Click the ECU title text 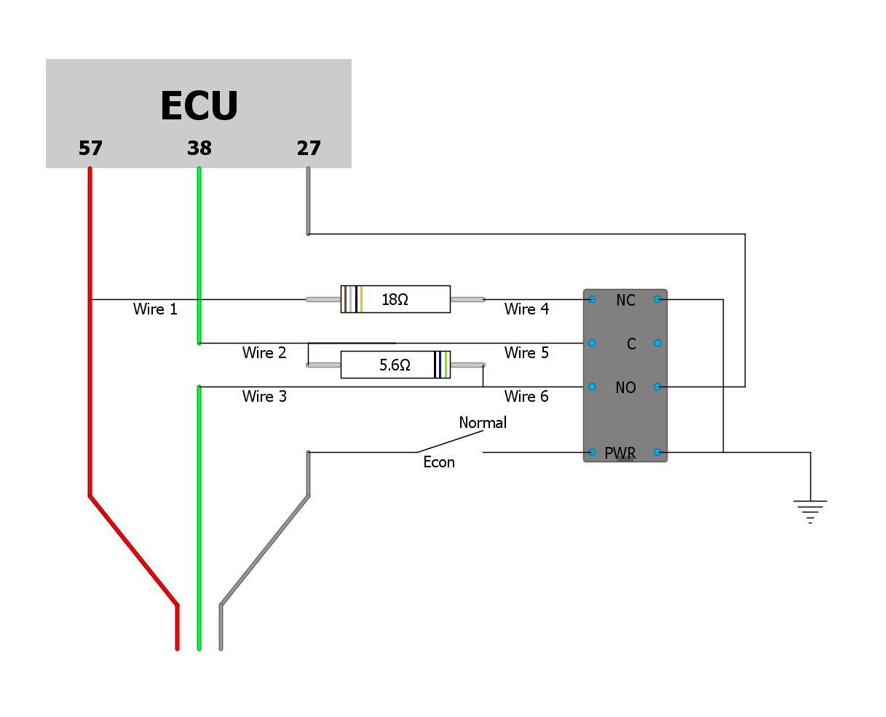point(199,106)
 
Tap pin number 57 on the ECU point(90,148)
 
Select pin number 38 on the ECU point(199,148)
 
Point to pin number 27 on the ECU point(308,148)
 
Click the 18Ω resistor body point(395,299)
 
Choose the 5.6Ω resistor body point(395,365)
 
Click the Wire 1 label point(155,309)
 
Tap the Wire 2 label point(264,353)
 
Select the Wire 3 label point(264,397)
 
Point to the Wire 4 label point(526,309)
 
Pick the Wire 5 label point(526,353)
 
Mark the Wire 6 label point(526,397)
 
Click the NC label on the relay point(625,301)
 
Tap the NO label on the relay point(625,388)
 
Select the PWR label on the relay point(620,453)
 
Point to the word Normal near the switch point(483,423)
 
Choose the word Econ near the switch point(439,462)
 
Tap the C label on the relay point(631,344)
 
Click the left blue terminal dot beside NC point(592,299)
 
